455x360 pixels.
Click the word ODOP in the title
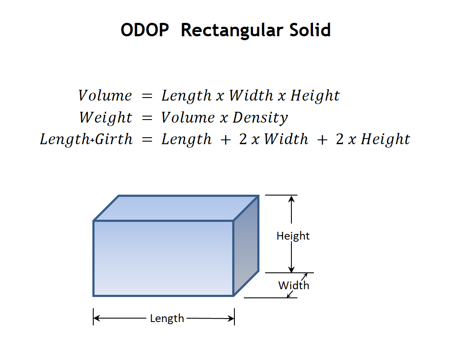(145, 30)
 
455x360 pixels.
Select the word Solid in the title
(310, 30)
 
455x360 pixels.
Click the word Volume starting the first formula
(105, 96)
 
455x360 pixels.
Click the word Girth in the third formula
(114, 139)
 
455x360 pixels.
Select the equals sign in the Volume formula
(147, 96)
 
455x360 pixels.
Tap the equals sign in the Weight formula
(147, 118)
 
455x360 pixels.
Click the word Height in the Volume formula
(315, 96)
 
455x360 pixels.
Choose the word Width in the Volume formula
(251, 95)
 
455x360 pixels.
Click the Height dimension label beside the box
(293, 236)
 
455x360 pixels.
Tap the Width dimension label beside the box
(294, 285)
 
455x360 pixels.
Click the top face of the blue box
(176, 208)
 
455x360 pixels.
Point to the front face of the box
(163, 258)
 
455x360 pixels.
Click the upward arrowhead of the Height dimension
(291, 199)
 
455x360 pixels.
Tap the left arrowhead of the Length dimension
(97, 318)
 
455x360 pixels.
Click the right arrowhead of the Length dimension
(231, 319)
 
